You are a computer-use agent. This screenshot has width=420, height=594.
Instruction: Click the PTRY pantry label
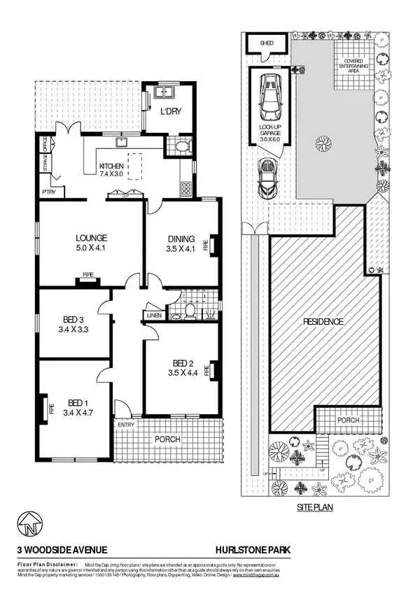48,192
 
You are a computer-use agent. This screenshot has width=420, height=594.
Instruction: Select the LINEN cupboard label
155,316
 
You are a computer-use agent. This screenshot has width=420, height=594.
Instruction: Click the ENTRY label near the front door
126,425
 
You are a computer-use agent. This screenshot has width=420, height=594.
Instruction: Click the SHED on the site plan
267,43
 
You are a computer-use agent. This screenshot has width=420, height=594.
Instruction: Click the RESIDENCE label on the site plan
323,322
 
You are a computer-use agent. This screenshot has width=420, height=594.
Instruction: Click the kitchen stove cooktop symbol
186,188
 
